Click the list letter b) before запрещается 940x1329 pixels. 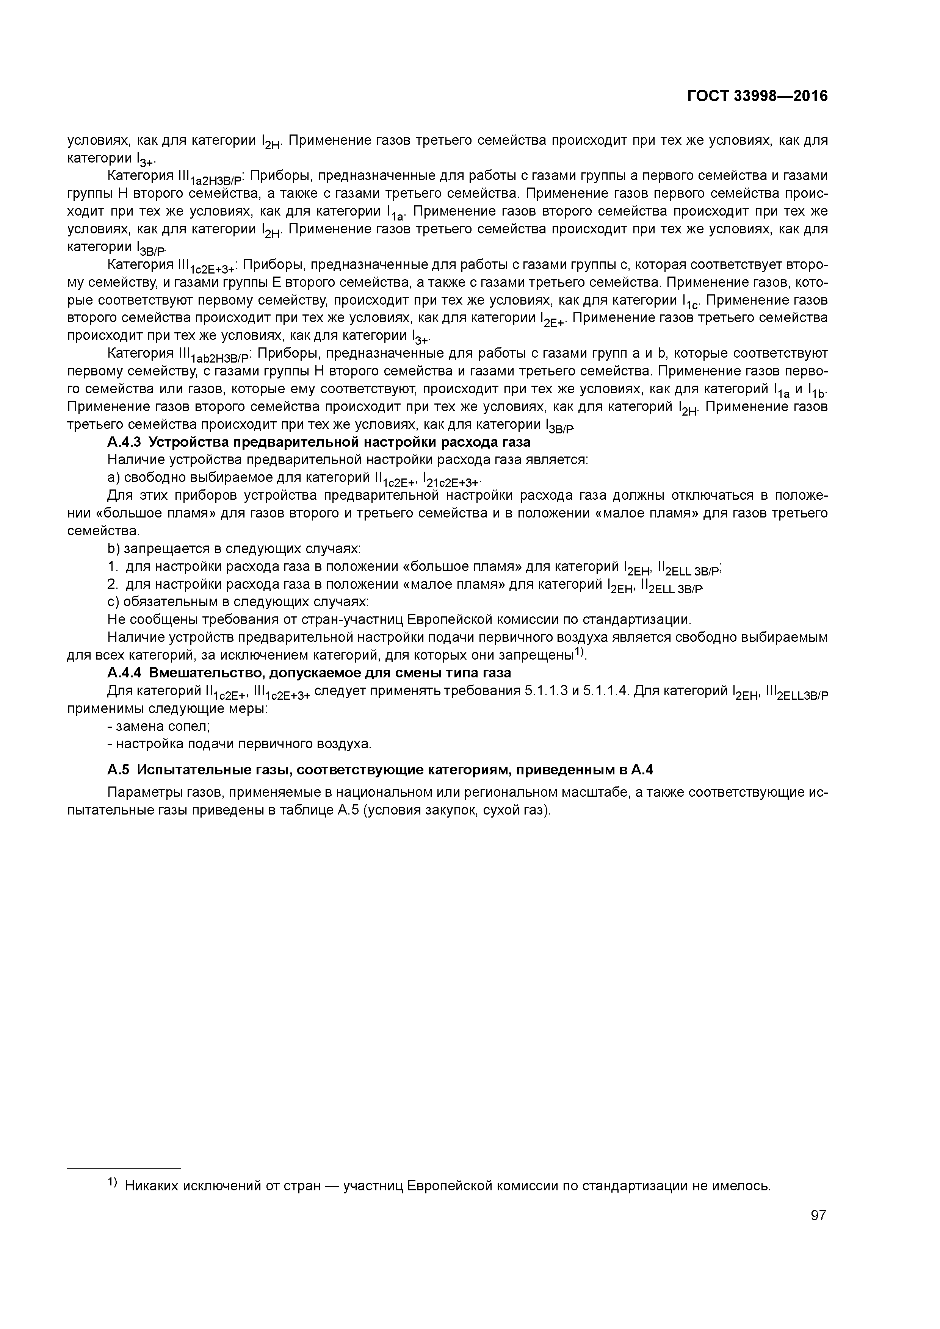pos(113,548)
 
